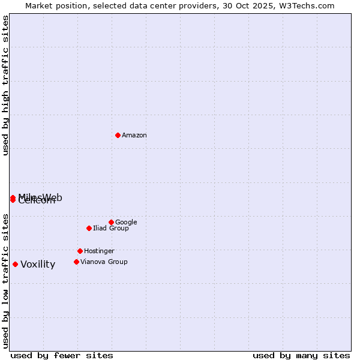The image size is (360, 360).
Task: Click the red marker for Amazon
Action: coord(118,135)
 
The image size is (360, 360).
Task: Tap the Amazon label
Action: coord(134,136)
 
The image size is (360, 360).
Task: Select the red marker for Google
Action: coord(111,222)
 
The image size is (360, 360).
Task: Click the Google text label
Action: coord(126,223)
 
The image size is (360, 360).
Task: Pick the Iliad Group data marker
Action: coord(89,228)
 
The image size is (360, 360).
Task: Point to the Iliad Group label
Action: coord(111,229)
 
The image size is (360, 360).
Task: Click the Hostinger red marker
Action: coord(80,251)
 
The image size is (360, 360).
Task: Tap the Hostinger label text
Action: coord(99,251)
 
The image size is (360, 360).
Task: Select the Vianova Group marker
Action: coord(76,262)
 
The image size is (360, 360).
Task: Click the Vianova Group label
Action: coord(104,262)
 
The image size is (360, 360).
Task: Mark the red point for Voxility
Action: coord(15,264)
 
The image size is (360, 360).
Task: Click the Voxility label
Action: coord(38,265)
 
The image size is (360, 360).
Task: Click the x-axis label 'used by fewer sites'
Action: coord(62,355)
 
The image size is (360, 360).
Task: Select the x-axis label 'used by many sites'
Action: coord(301,355)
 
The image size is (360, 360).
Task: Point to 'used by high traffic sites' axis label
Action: coord(5,85)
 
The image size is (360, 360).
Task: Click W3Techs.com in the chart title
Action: coord(309,6)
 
